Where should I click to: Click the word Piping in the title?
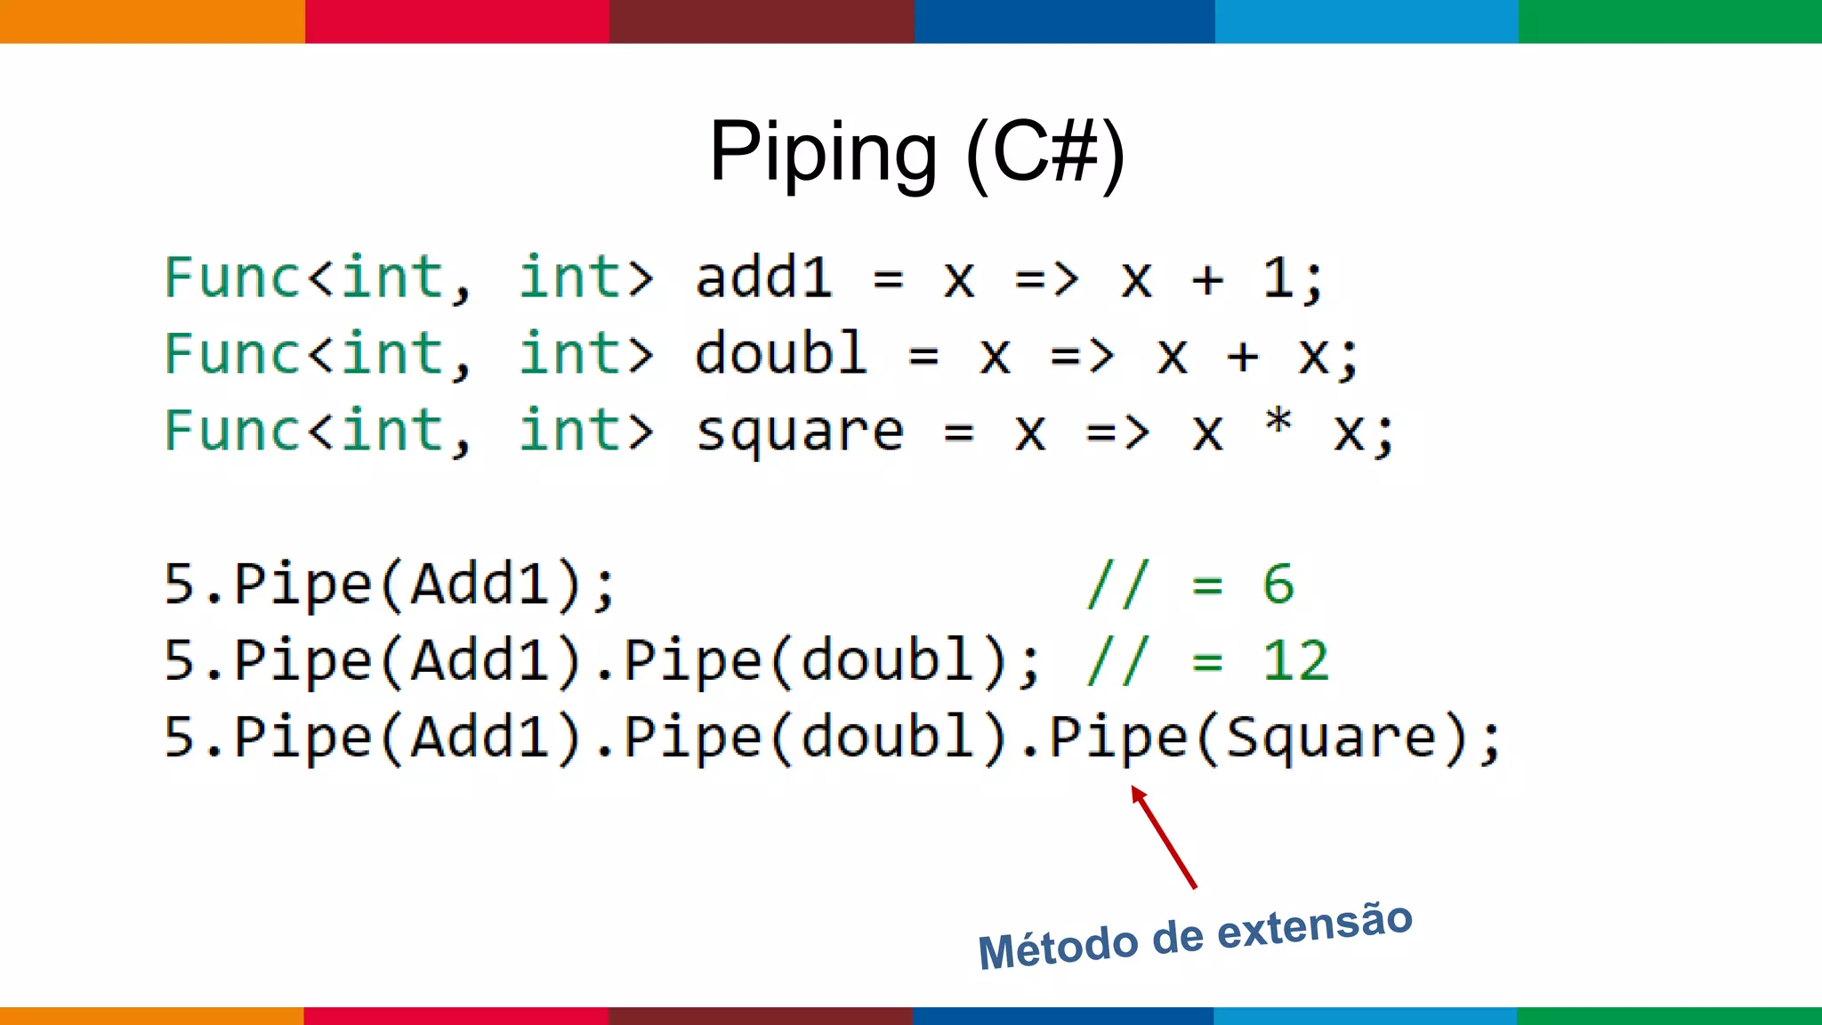pyautogui.click(x=823, y=153)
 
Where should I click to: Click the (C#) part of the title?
pyautogui.click(x=1045, y=153)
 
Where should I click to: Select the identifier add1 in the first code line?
pyautogui.click(x=763, y=278)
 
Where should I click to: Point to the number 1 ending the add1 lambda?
pyautogui.click(x=1278, y=278)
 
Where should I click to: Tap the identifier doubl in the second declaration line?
pyautogui.click(x=780, y=354)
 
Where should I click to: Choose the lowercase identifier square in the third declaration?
pyautogui.click(x=799, y=432)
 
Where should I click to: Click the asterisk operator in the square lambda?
pyautogui.click(x=1278, y=421)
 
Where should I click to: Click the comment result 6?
pyautogui.click(x=1278, y=585)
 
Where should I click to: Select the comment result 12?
pyautogui.click(x=1295, y=661)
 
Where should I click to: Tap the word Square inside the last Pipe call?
pyautogui.click(x=1331, y=738)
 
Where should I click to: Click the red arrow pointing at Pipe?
pyautogui.click(x=1164, y=836)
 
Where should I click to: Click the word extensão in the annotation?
pyautogui.click(x=1314, y=925)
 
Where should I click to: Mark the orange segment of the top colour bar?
pyautogui.click(x=152, y=21)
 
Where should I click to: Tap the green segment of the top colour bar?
pyautogui.click(x=1670, y=21)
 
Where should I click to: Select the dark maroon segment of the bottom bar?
pyautogui.click(x=761, y=1015)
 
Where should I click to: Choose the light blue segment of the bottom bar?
pyautogui.click(x=1366, y=1015)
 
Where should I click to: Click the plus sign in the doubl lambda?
pyautogui.click(x=1243, y=356)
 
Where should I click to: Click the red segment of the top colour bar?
pyautogui.click(x=457, y=21)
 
